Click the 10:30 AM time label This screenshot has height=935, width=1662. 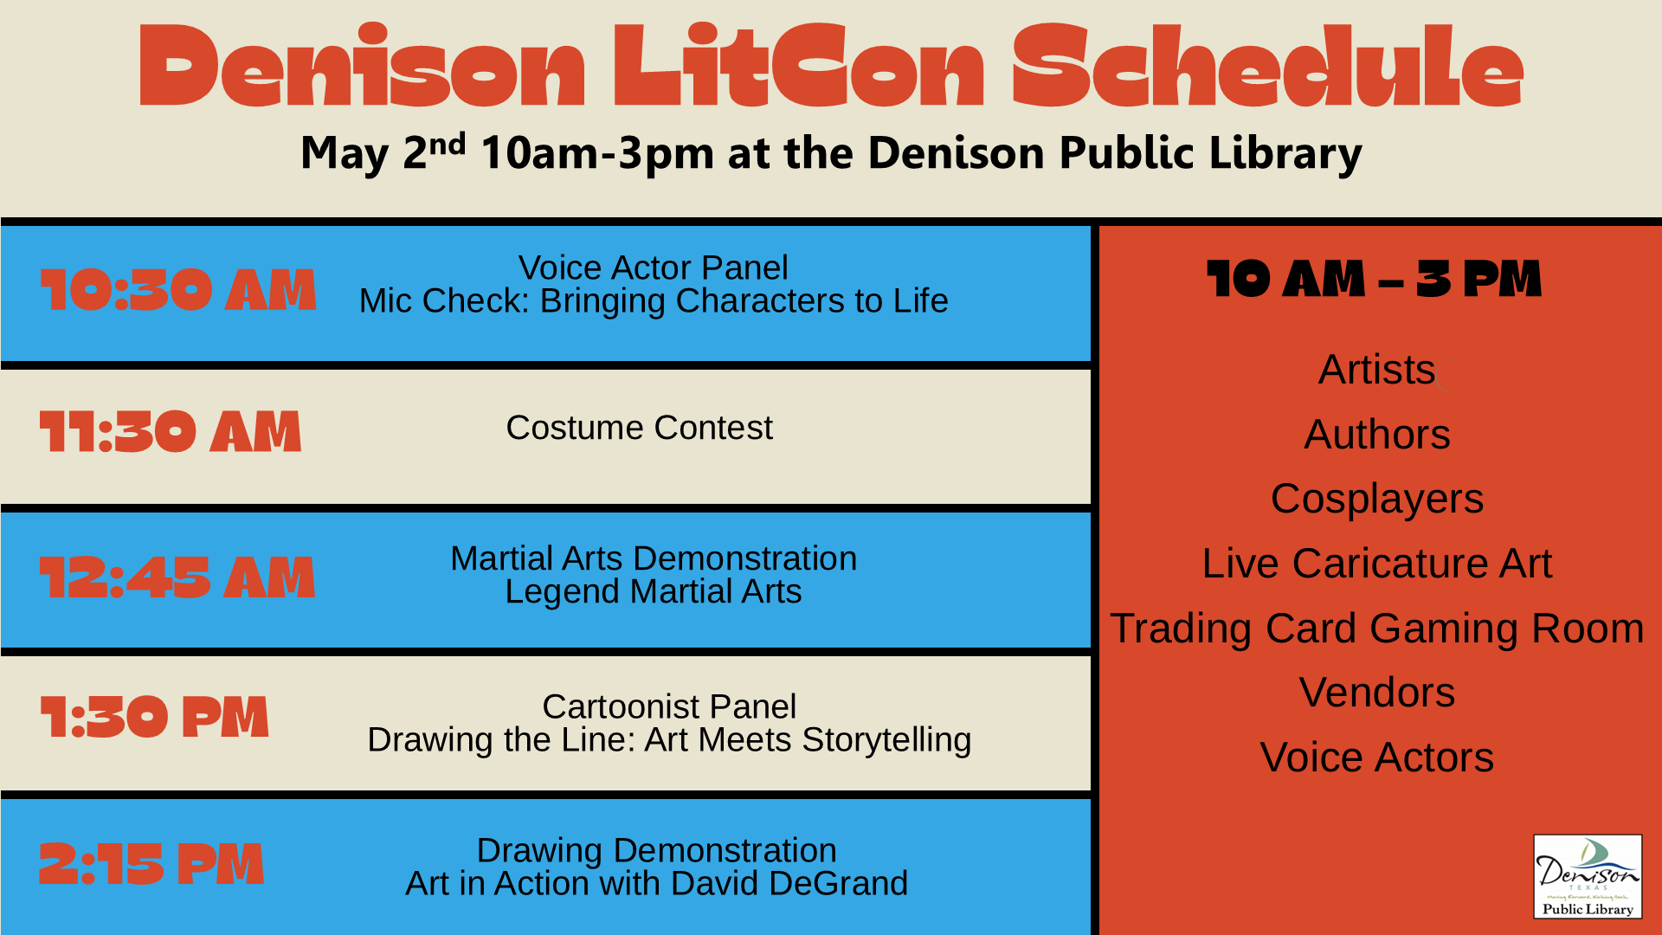point(177,289)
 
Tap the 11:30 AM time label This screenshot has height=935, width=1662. point(171,432)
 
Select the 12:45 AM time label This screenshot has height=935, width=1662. point(177,577)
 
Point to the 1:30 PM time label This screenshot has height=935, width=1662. point(155,718)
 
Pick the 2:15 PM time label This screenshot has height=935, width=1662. point(151,864)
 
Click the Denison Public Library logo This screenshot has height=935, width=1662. point(1587,876)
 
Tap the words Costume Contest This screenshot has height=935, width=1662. point(639,428)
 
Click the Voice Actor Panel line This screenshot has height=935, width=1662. point(653,268)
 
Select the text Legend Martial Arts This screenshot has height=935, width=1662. point(653,592)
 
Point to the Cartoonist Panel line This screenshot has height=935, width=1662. point(668,706)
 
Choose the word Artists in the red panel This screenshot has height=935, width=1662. point(1376,370)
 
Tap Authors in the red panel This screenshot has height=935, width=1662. point(1376,435)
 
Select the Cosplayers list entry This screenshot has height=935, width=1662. point(1376,500)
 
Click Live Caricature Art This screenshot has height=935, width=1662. point(1376,564)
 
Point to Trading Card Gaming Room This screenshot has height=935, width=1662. point(1376,629)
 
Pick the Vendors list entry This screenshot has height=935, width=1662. point(1376,693)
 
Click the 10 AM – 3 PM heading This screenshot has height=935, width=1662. point(1374,280)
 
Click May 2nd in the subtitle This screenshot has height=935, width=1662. point(383,153)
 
